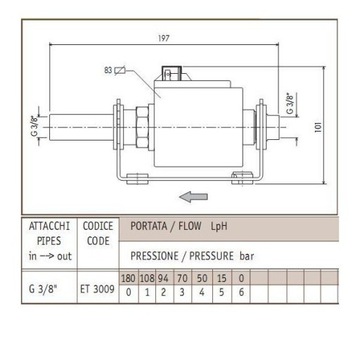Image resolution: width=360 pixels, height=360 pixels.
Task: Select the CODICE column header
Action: (98, 227)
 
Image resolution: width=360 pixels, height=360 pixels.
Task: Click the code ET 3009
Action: (98, 290)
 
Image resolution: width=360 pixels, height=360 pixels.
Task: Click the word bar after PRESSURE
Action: (259, 255)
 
